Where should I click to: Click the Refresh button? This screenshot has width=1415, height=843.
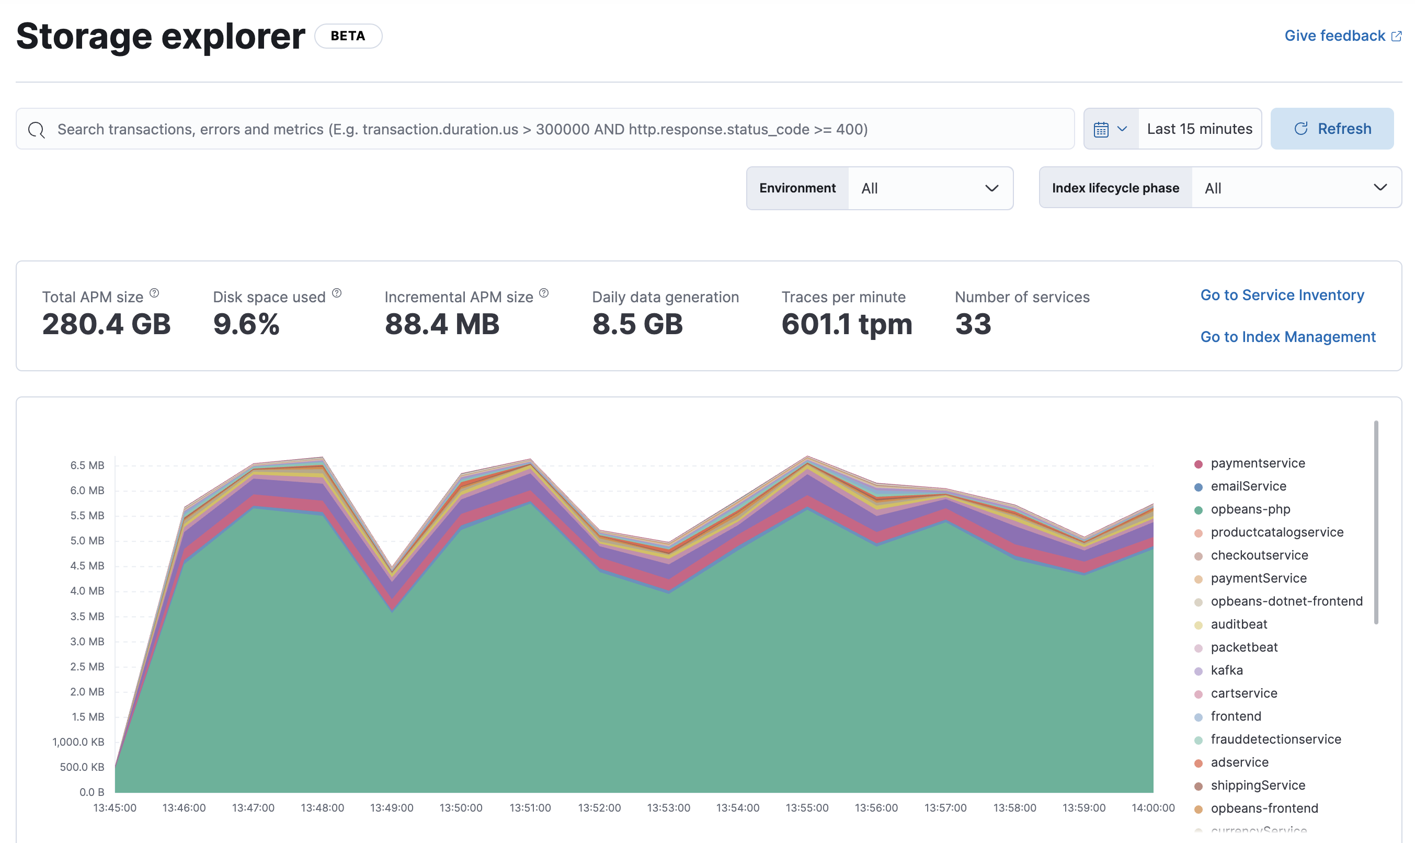[1331, 129]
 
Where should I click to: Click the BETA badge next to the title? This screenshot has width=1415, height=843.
[348, 36]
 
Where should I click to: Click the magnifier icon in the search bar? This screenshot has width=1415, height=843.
[37, 130]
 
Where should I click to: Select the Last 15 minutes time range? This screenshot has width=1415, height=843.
[1199, 129]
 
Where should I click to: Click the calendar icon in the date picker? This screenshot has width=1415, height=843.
[1101, 130]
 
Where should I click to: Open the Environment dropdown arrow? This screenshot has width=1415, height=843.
[991, 188]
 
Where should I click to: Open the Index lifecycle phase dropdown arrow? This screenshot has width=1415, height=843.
[1380, 187]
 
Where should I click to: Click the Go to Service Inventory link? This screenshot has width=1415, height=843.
[1282, 295]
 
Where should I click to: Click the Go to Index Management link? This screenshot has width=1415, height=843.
[1287, 337]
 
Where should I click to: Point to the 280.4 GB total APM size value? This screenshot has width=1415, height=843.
[106, 324]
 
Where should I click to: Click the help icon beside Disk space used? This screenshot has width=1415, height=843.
[337, 293]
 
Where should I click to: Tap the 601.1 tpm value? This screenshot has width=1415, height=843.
[847, 324]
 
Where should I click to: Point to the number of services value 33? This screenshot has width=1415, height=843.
[973, 324]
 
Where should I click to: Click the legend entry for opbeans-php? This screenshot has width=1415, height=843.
[1250, 509]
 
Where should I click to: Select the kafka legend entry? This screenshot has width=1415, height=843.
[1226, 670]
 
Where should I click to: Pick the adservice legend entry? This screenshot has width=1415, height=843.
[1239, 762]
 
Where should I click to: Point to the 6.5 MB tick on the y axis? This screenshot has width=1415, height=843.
[87, 465]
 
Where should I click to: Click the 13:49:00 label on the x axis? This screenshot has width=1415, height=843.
[391, 808]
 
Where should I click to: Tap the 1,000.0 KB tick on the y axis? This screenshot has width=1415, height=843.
[78, 742]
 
